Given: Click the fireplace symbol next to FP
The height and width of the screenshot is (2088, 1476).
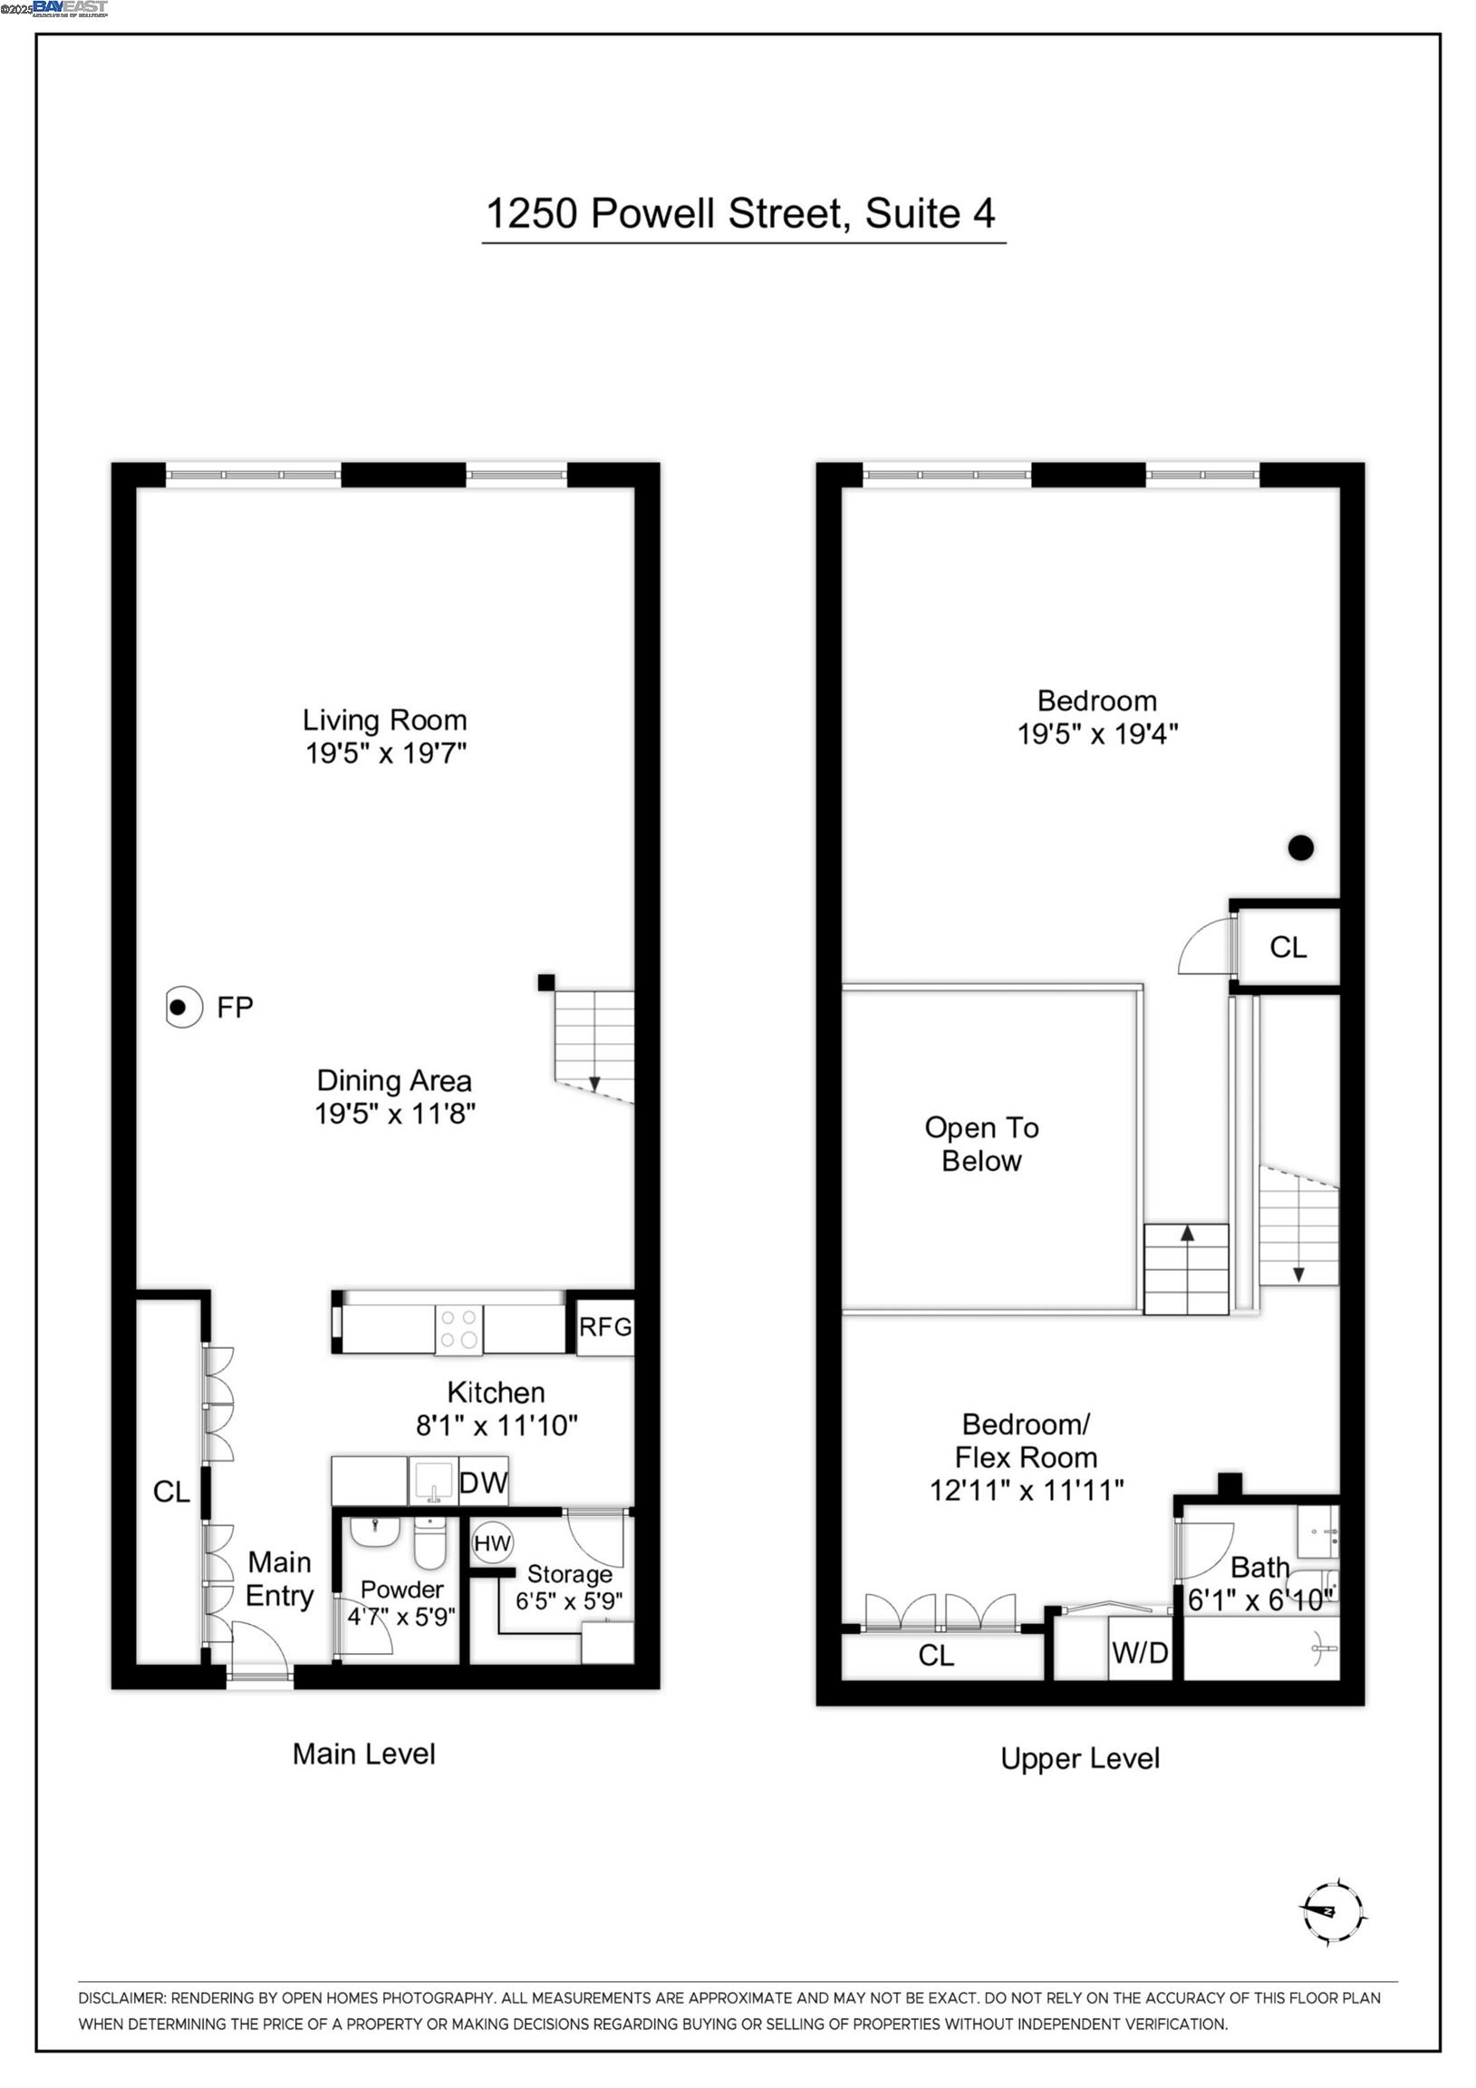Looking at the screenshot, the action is click(x=183, y=1007).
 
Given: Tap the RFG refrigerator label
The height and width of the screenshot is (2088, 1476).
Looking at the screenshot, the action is click(x=604, y=1327).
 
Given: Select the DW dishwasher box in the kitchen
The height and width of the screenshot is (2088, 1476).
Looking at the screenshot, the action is click(x=483, y=1484).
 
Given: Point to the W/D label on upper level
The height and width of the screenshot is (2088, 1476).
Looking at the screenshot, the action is click(x=1140, y=1652).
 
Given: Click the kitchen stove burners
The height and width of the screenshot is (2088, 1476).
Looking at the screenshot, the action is click(x=459, y=1329).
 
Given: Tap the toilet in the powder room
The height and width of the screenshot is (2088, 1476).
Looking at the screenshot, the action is click(x=429, y=1543).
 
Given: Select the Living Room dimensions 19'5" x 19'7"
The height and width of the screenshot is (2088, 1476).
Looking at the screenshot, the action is click(x=386, y=753).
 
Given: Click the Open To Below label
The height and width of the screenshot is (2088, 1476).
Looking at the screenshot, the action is click(x=981, y=1144).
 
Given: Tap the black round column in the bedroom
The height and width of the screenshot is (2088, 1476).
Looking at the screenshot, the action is click(x=1300, y=847).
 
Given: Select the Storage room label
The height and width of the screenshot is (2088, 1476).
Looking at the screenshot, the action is click(x=569, y=1574).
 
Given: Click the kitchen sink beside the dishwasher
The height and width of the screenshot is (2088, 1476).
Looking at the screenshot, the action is click(x=435, y=1483).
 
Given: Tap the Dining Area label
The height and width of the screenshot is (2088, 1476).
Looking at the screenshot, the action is click(x=394, y=1080).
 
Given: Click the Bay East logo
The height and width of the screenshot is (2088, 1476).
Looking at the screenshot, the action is click(x=70, y=8).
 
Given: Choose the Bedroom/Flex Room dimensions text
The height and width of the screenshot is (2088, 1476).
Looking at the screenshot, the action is click(x=1026, y=1491).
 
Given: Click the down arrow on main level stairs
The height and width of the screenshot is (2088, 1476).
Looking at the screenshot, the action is click(x=594, y=1083).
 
